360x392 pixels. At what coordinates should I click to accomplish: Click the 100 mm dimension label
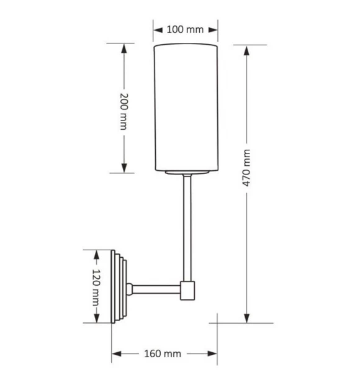coord(185,30)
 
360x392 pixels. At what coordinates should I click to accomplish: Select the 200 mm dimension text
coord(124,111)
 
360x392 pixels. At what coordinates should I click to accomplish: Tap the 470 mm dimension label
coord(246,168)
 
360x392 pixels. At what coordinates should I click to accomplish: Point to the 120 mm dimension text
coord(96,288)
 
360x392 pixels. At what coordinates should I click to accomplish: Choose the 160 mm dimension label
coord(163,353)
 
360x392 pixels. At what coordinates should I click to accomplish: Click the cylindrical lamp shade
coord(186,107)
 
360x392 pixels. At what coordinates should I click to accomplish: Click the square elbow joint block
coord(187,291)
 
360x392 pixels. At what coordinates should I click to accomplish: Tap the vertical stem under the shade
coord(187,227)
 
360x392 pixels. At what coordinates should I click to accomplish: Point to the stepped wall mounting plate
coord(119,286)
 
